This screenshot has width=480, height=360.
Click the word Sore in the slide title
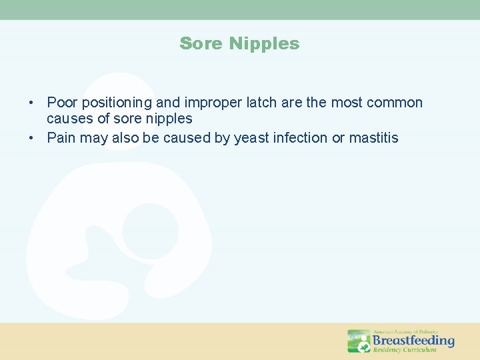202,44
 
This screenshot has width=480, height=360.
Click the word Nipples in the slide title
265,44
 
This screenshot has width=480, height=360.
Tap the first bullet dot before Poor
31,103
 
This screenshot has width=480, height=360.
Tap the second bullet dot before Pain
31,139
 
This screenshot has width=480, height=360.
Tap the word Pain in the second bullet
61,138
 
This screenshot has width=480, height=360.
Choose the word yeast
252,138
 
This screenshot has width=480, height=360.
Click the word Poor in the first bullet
61,103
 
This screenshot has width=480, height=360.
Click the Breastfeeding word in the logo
413,340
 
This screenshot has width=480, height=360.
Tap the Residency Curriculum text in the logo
405,350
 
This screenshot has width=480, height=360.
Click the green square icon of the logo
359,341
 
